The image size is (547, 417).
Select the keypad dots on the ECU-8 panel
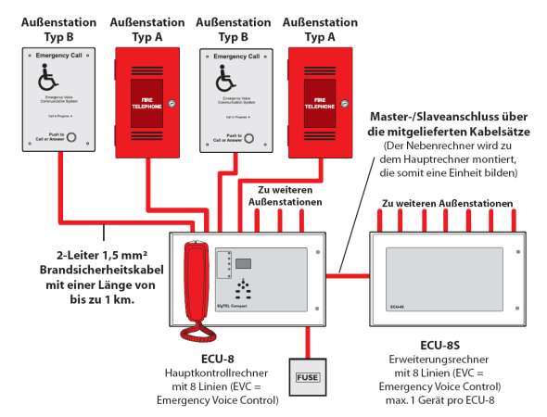(x=243, y=285)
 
